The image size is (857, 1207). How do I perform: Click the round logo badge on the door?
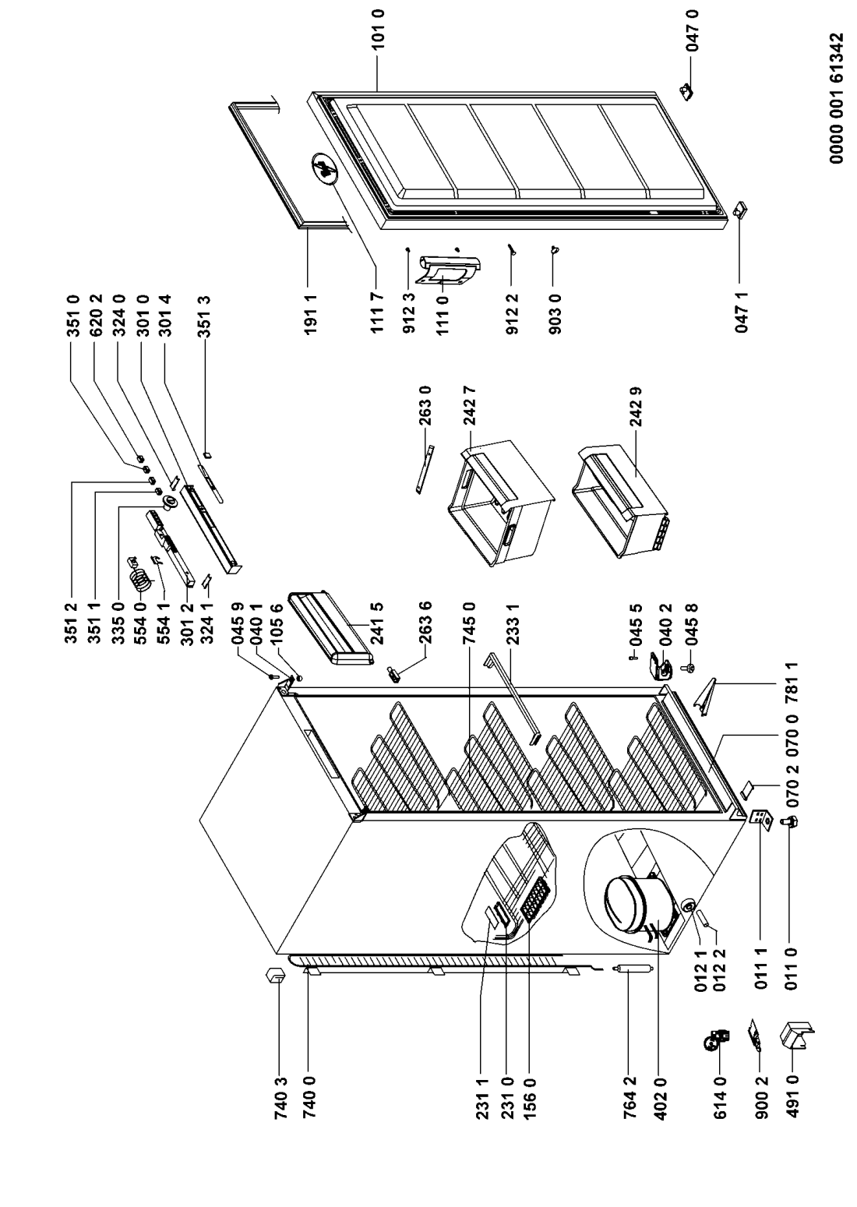324,168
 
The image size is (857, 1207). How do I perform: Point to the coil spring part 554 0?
141,577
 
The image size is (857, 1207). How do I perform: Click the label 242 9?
637,407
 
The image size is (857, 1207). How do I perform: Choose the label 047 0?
693,30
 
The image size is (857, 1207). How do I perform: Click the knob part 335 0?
169,502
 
